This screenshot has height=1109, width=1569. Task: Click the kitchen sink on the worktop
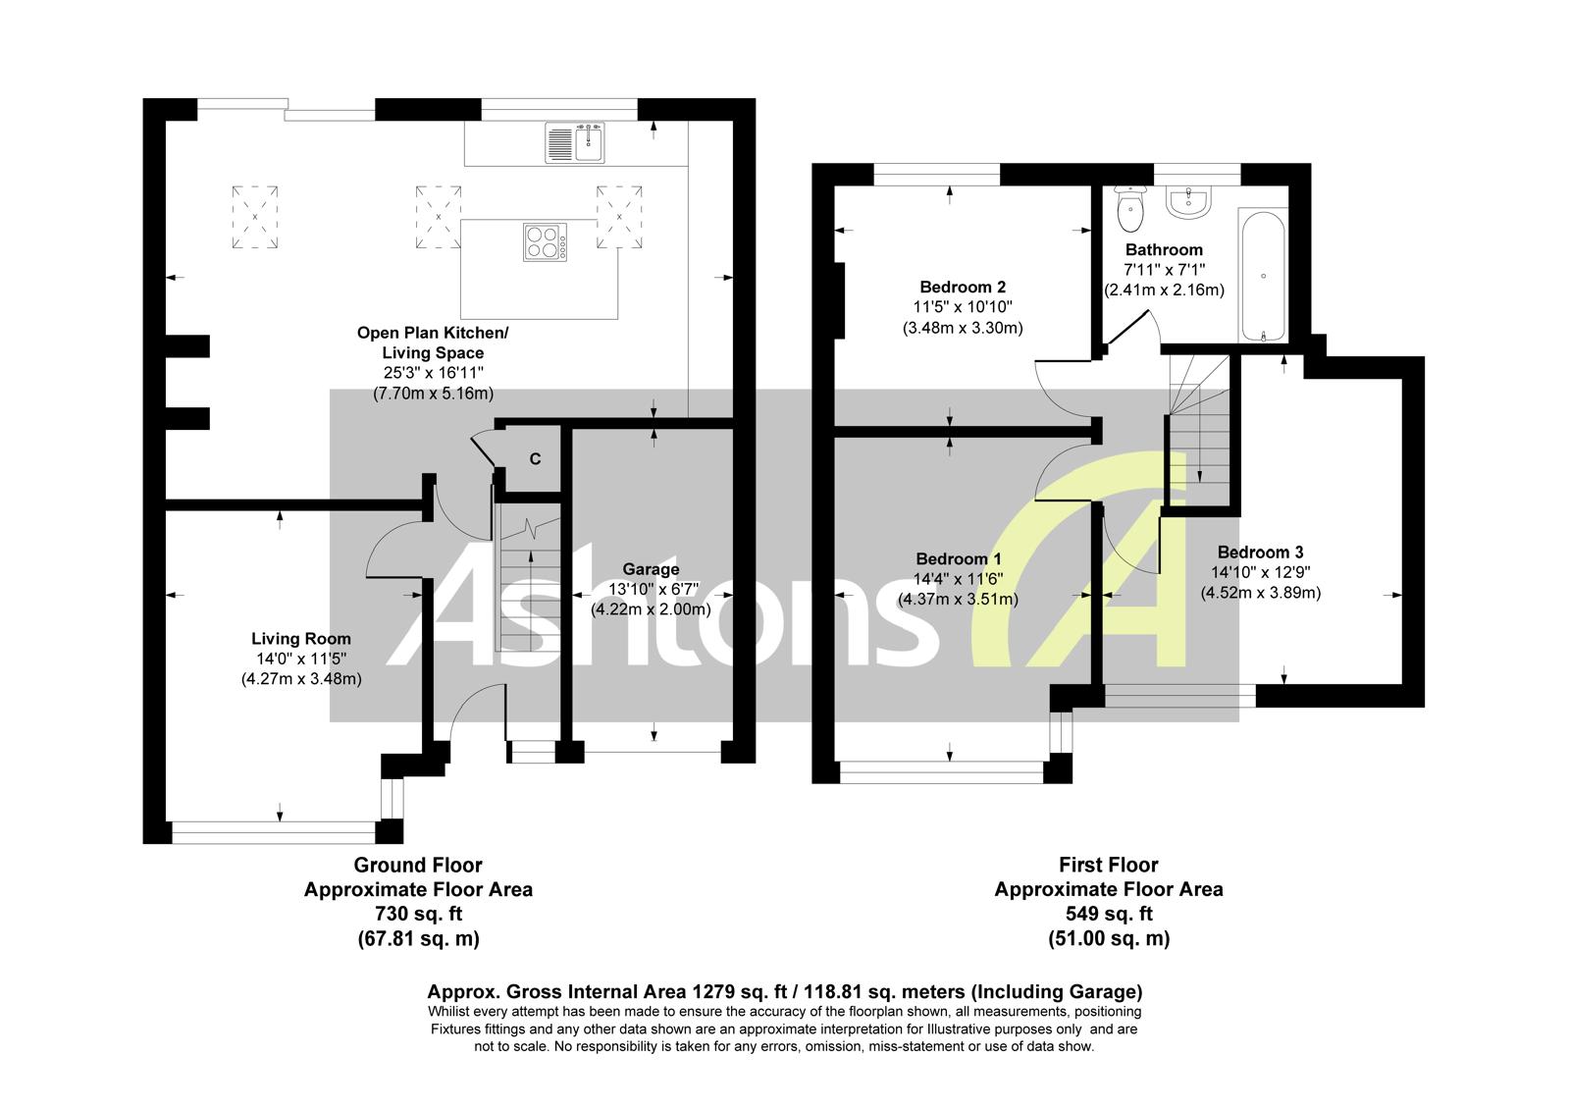tap(577, 142)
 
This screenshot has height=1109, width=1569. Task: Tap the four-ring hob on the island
tap(546, 241)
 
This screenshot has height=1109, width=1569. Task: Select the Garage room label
tap(651, 569)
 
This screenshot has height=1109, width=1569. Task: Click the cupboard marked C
tap(536, 458)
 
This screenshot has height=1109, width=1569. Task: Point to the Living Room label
tap(300, 638)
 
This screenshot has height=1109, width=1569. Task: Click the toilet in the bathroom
tap(1131, 205)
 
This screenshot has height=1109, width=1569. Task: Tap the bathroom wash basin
tap(1189, 200)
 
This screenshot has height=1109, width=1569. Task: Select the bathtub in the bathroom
tap(1262, 275)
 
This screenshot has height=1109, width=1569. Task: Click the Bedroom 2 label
tap(962, 288)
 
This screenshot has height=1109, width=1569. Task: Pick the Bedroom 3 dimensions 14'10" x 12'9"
tap(1261, 572)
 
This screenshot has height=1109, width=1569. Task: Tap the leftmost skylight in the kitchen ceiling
tap(254, 217)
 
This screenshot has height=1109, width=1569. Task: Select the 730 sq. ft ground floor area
tap(418, 915)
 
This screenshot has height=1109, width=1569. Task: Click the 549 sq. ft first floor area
tap(1109, 915)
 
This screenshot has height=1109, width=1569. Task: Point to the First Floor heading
tap(1109, 865)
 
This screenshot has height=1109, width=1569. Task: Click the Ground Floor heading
tap(418, 865)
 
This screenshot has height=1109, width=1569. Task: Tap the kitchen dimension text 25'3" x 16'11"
tap(433, 373)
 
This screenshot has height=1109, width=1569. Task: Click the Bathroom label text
tap(1164, 250)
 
